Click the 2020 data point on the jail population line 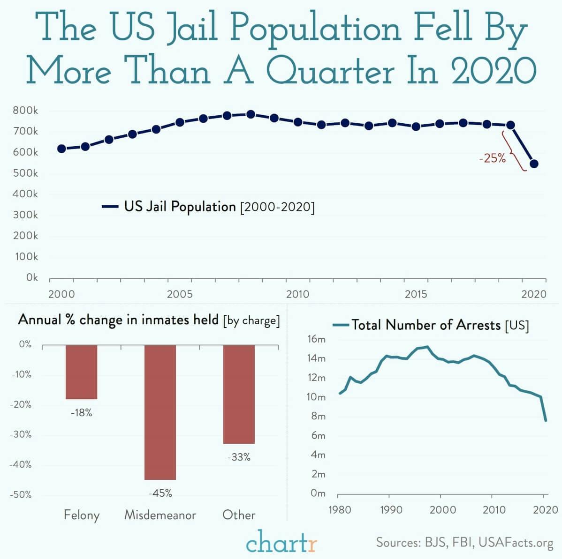coord(534,164)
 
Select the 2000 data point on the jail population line coord(61,149)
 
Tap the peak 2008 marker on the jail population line coord(251,114)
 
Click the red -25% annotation coord(492,158)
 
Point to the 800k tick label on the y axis coord(26,111)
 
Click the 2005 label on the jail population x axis coord(180,294)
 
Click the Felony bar coord(81,372)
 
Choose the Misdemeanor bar coord(160,412)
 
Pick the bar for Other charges coord(239,394)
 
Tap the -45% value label coord(160,493)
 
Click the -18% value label coord(81,413)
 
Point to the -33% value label coord(239,457)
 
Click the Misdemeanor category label coord(160,515)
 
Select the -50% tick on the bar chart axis coord(21,494)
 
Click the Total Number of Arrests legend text coord(426,325)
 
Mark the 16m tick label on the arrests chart coord(316,339)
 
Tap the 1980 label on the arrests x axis coord(339,509)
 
